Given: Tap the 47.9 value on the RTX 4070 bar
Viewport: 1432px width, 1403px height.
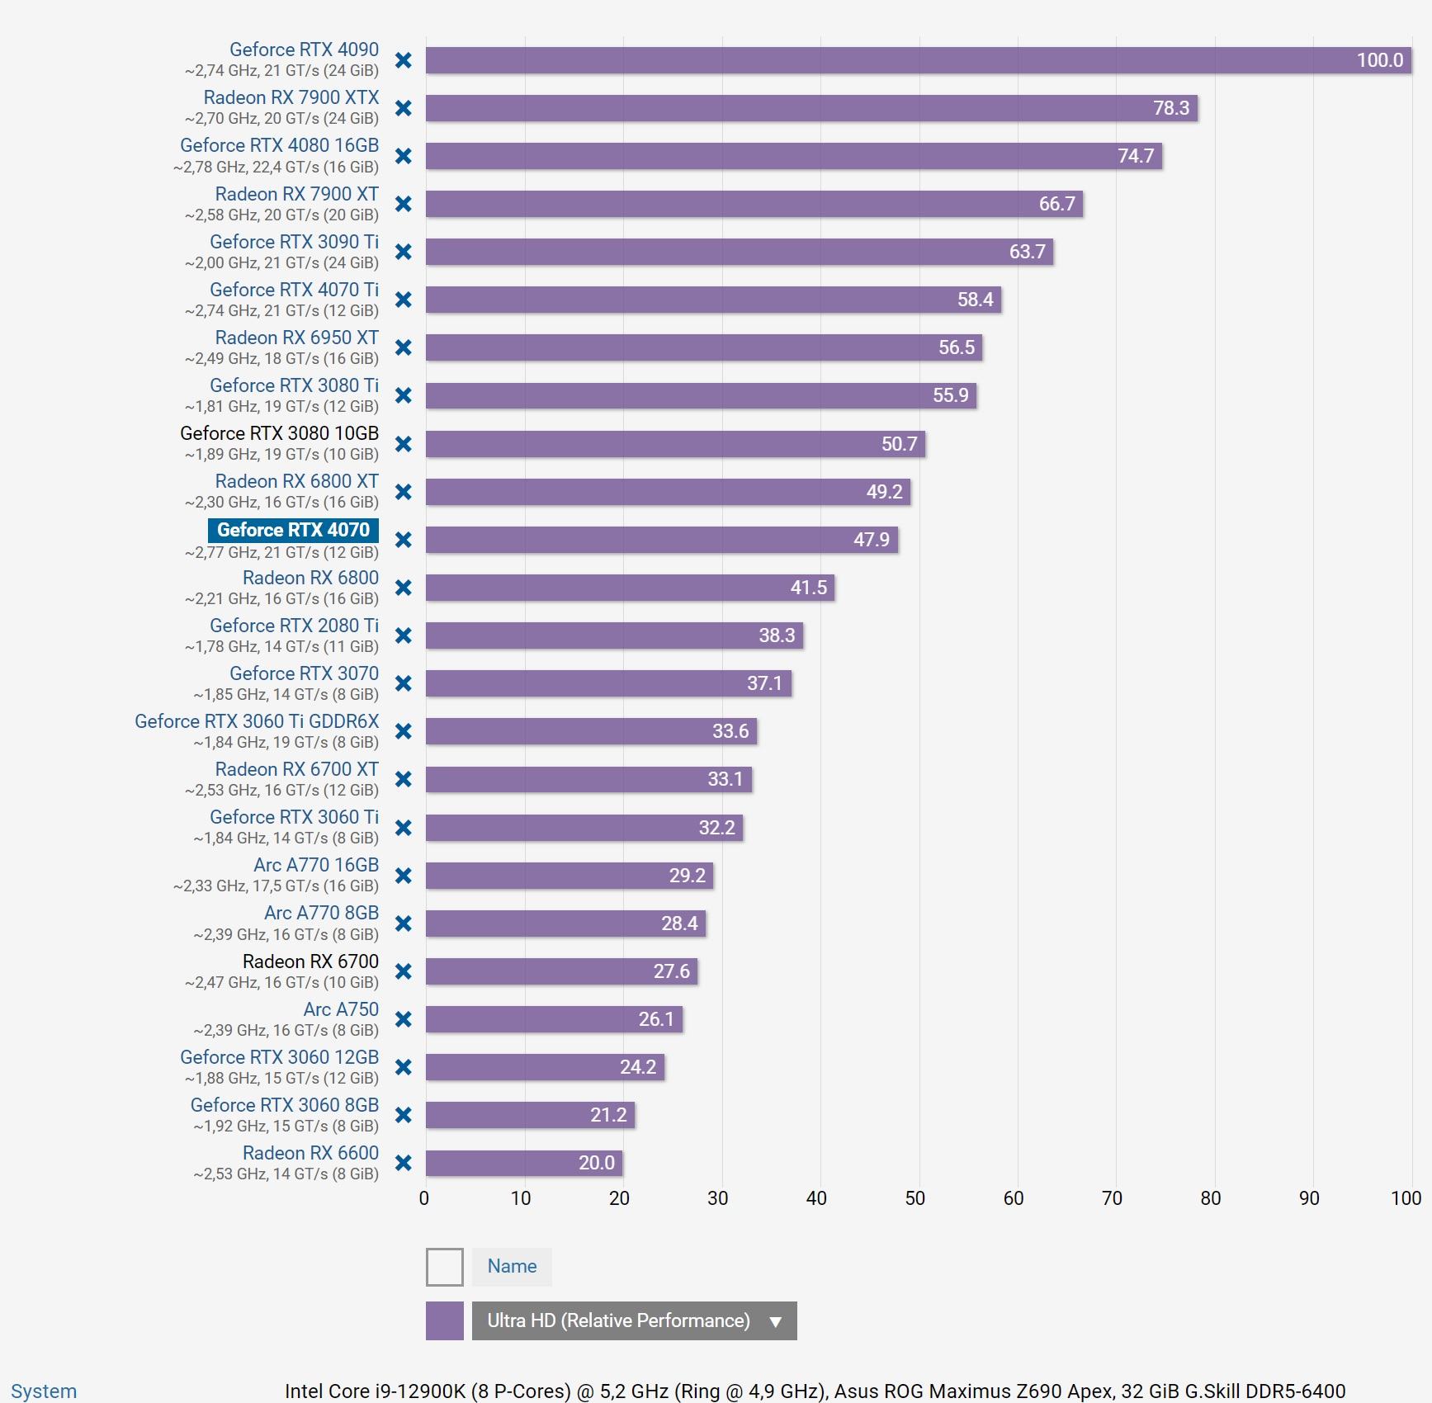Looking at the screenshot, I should [871, 540].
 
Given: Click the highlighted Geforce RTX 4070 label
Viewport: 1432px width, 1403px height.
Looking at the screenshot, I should [293, 530].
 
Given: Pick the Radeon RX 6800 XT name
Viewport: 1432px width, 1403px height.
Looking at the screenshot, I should [296, 481].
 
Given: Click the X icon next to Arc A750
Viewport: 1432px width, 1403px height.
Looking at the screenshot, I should [404, 1019].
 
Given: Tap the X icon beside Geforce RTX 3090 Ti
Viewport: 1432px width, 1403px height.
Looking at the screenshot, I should [404, 252].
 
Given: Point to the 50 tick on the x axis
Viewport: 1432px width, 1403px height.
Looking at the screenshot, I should [914, 1198].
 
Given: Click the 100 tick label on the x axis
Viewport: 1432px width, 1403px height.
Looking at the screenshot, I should [1406, 1198].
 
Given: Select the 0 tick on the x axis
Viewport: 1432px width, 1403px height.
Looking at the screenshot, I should [424, 1198].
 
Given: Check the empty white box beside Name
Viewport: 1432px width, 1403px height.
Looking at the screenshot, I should [444, 1267].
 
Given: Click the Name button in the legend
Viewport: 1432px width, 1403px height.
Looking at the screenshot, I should [512, 1267].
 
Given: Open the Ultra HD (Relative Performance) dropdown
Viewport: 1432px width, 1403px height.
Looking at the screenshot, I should [634, 1320].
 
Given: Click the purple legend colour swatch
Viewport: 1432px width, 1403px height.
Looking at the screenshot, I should [444, 1320].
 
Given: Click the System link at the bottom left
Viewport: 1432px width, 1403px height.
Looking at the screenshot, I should [43, 1391].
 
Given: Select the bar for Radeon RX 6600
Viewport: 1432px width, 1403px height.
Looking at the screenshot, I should [523, 1163].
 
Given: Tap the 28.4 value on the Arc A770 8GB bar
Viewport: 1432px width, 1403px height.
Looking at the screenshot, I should [678, 924].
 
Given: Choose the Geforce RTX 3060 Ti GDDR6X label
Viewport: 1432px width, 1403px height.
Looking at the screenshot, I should [257, 721].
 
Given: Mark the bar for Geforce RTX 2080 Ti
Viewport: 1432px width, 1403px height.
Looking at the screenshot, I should [614, 635].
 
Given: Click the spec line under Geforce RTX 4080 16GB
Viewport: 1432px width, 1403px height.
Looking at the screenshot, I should [276, 167].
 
